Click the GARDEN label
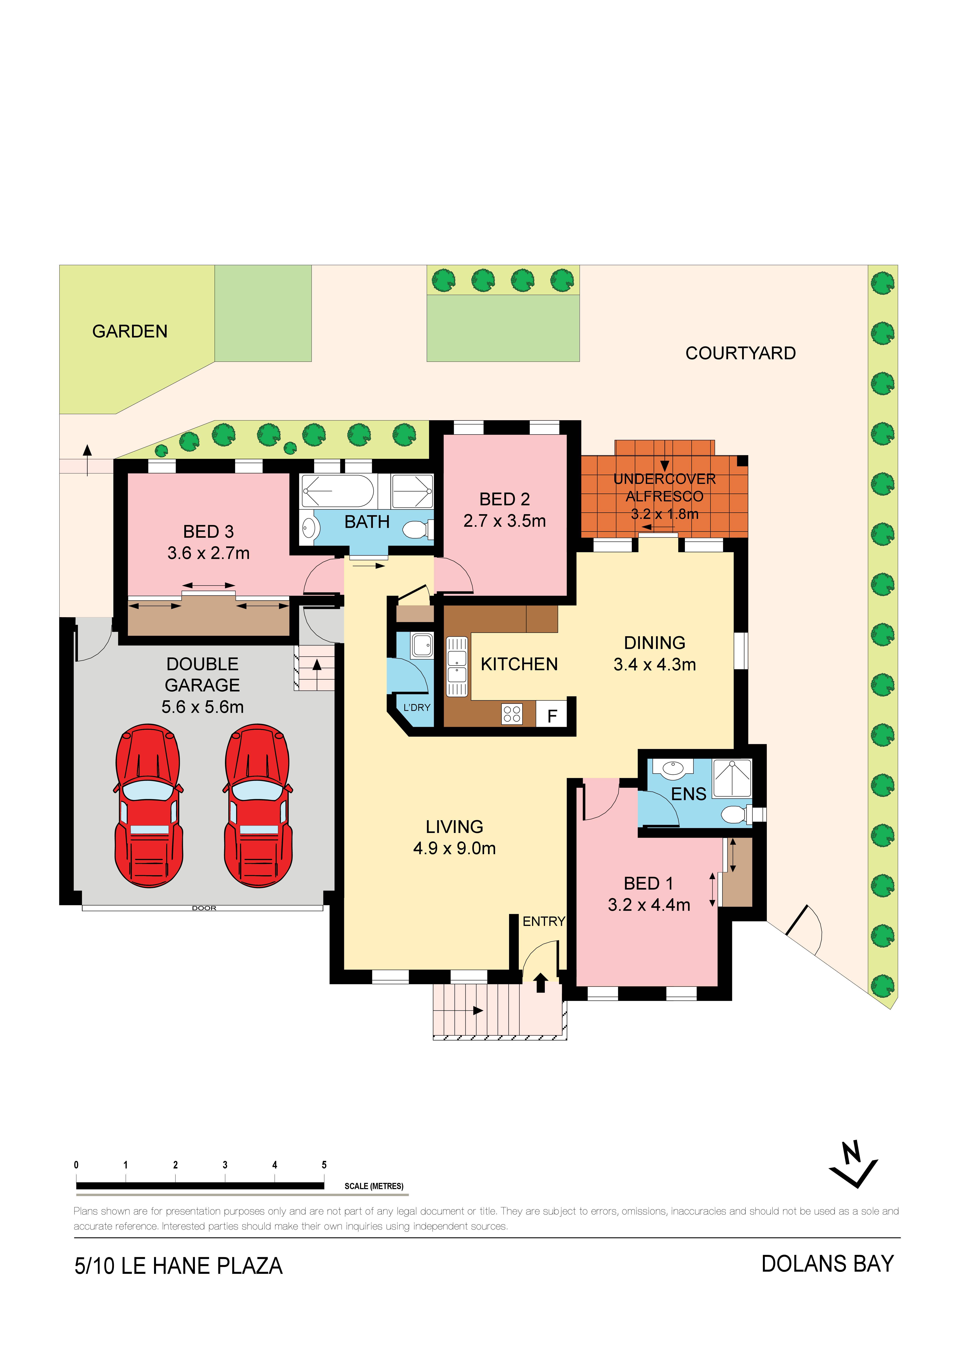[x=130, y=331]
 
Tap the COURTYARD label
[x=741, y=353]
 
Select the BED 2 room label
[x=505, y=499]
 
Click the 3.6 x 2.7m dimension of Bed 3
[x=209, y=553]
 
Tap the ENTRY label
[x=544, y=921]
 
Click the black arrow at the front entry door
[x=541, y=983]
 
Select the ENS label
[x=689, y=794]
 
